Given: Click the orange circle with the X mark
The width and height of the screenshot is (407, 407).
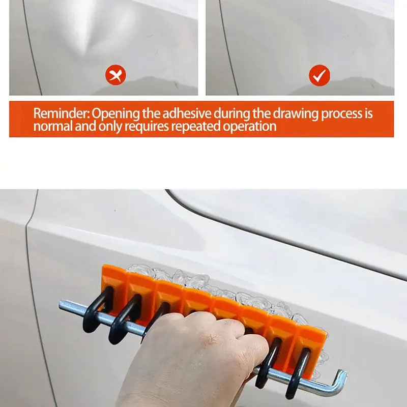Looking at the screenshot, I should pyautogui.click(x=116, y=76).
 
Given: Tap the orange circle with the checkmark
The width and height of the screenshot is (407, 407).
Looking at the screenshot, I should pyautogui.click(x=319, y=76).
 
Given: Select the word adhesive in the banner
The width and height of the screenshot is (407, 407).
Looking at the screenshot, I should pyautogui.click(x=184, y=113).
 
